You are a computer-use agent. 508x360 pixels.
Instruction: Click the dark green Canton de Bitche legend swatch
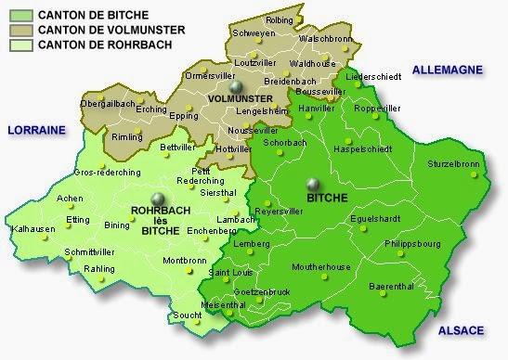(x=19, y=15)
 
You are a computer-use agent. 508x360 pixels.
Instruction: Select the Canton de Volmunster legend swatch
(x=19, y=30)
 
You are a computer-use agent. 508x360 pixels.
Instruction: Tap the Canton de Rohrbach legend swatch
(x=19, y=44)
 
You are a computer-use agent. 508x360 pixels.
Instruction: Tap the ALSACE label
(x=461, y=330)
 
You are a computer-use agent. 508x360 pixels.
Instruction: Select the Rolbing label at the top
(x=279, y=19)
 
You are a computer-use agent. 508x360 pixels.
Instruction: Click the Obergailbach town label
(x=109, y=104)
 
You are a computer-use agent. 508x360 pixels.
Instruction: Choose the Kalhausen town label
(x=33, y=228)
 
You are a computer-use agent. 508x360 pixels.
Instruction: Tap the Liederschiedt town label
(x=374, y=76)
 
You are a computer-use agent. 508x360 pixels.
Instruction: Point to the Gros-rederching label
(x=107, y=173)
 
